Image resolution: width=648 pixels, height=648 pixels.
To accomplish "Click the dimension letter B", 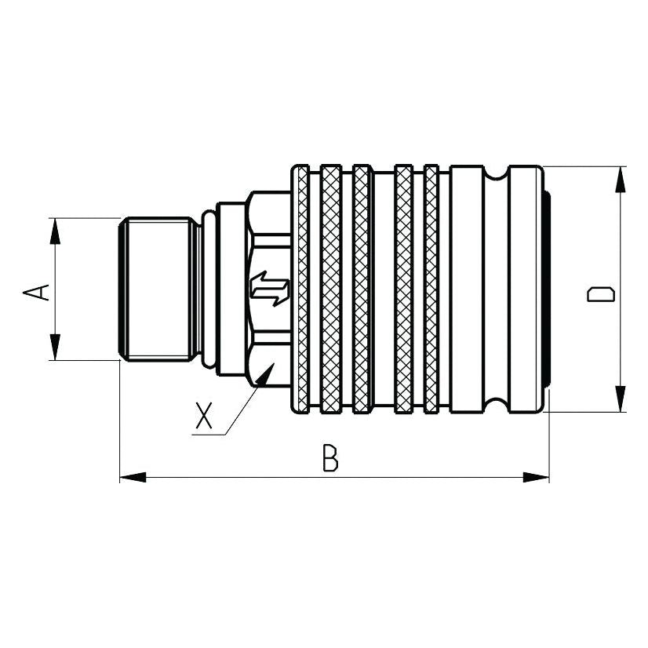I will [331, 457].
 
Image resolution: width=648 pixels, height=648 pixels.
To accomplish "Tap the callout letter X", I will [205, 417].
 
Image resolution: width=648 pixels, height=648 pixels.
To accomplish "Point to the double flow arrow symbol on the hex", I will [269, 288].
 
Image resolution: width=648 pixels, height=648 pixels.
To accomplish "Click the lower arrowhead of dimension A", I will [55, 348].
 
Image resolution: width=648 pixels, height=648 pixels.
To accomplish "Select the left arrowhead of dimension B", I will [132, 476].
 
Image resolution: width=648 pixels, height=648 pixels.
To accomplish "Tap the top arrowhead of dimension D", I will [621, 179].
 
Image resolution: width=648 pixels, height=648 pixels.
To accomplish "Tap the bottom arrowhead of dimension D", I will [621, 399].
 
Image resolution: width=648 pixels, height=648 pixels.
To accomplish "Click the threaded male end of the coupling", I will [157, 289].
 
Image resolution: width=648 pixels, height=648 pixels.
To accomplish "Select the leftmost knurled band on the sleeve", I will [302, 289].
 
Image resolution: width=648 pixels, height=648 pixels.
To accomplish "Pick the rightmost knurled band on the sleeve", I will [431, 289].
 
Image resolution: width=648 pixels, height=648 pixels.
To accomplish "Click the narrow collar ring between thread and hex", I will [206, 289].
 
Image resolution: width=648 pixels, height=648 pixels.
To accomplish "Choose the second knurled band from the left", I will [331, 289].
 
